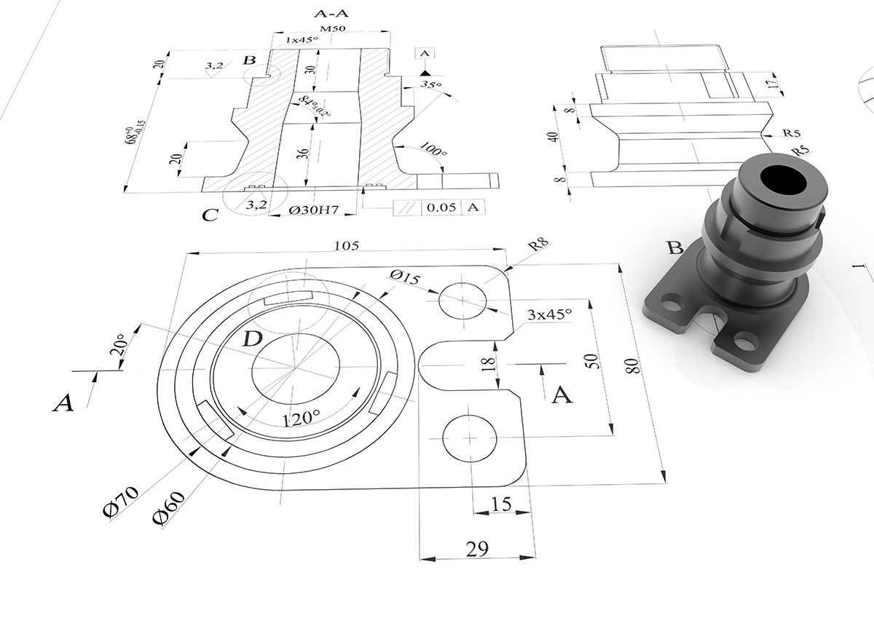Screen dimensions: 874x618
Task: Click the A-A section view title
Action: click(331, 14)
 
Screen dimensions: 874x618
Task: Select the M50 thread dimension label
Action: click(333, 28)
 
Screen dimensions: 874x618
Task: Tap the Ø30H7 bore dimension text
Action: click(313, 210)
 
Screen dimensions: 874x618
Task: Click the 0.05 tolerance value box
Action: click(441, 207)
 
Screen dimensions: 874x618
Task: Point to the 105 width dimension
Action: click(347, 245)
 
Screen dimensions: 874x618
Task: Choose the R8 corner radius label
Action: click(538, 245)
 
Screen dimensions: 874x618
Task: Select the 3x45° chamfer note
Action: click(550, 314)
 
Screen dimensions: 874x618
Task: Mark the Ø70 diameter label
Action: click(121, 502)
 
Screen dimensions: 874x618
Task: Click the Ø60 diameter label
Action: click(168, 508)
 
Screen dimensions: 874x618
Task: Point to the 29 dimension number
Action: click(477, 549)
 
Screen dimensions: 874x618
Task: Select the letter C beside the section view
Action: click(210, 215)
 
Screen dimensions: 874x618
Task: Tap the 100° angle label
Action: click(433, 149)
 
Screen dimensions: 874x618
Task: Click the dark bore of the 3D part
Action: click(783, 179)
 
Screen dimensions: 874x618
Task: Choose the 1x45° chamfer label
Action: click(302, 40)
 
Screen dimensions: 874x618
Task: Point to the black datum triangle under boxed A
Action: click(425, 73)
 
